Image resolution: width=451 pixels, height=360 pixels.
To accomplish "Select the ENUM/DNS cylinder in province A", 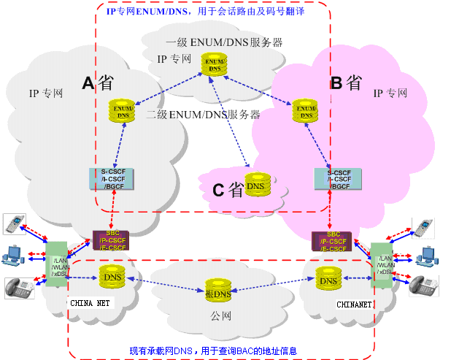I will click(x=123, y=110).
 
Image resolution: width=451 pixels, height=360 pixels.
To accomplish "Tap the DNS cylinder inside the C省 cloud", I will click(x=256, y=186).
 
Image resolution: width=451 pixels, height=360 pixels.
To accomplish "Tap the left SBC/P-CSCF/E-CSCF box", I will click(x=111, y=241).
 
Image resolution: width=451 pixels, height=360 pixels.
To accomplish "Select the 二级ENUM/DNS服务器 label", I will click(x=204, y=115).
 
